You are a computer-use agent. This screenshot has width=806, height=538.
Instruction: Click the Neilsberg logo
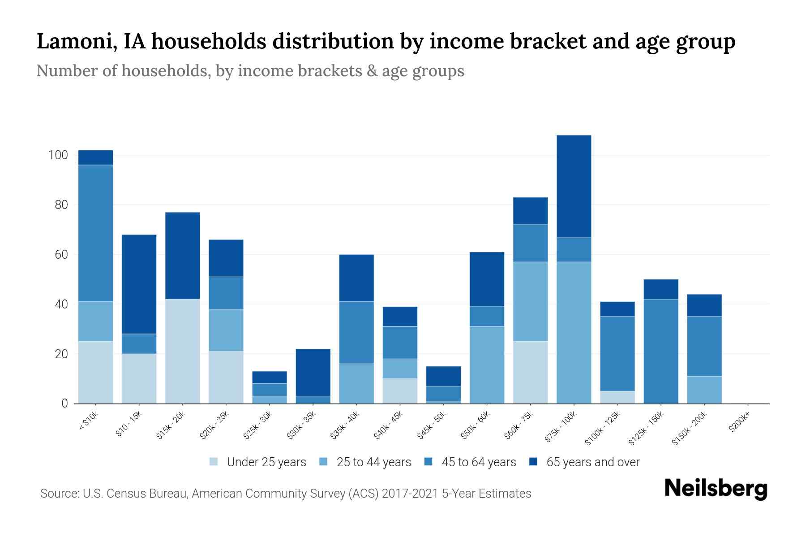tap(716, 489)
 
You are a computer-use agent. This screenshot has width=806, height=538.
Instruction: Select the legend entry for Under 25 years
tap(266, 462)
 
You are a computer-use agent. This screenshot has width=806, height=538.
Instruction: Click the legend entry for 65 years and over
tap(592, 462)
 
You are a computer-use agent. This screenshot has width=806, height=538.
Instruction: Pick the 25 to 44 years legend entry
tap(373, 462)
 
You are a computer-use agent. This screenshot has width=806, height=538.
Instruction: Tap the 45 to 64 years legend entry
tap(478, 462)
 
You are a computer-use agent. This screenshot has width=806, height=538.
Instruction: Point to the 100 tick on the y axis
tap(58, 156)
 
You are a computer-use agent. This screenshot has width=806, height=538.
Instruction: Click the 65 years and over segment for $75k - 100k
tap(574, 186)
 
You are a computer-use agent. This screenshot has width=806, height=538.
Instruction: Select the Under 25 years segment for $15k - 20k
tap(182, 351)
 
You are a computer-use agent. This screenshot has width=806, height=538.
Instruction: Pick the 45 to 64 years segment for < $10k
tap(95, 233)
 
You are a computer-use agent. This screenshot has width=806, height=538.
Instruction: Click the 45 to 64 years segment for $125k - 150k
tap(660, 351)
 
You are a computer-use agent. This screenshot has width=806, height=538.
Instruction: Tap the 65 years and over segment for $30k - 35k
tap(313, 372)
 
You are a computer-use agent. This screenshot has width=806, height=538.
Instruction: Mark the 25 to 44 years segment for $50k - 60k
tap(487, 365)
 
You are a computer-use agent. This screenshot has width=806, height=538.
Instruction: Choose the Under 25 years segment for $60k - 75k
tap(530, 372)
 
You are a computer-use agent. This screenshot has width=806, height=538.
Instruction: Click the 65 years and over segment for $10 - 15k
tap(139, 284)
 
